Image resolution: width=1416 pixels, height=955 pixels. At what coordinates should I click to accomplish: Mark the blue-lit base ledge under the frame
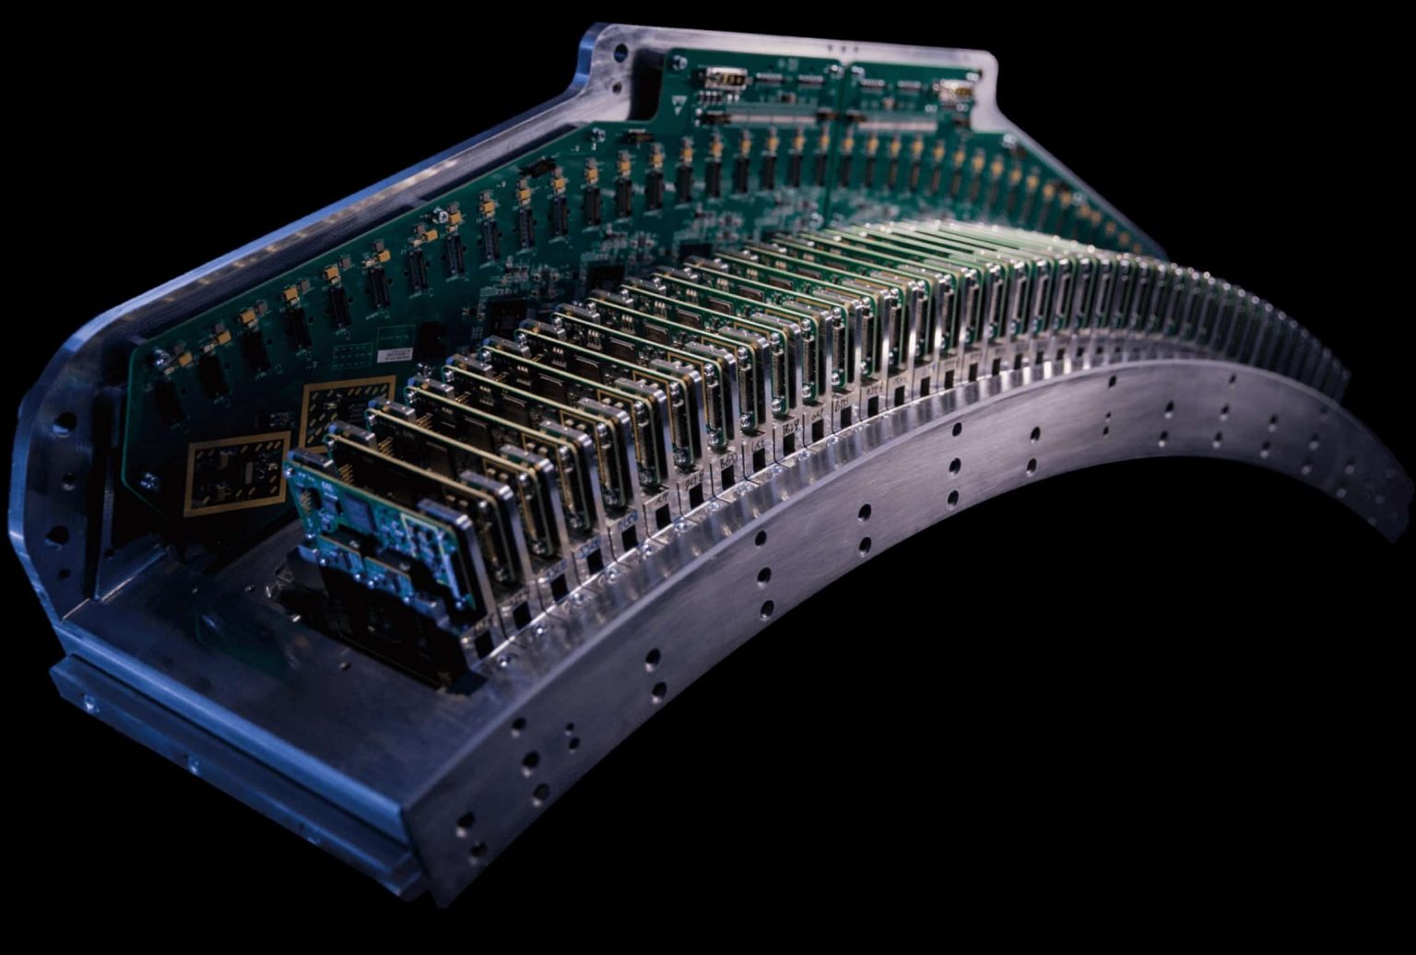point(230,774)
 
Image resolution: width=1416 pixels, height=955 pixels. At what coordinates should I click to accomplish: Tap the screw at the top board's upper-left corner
point(679,64)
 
